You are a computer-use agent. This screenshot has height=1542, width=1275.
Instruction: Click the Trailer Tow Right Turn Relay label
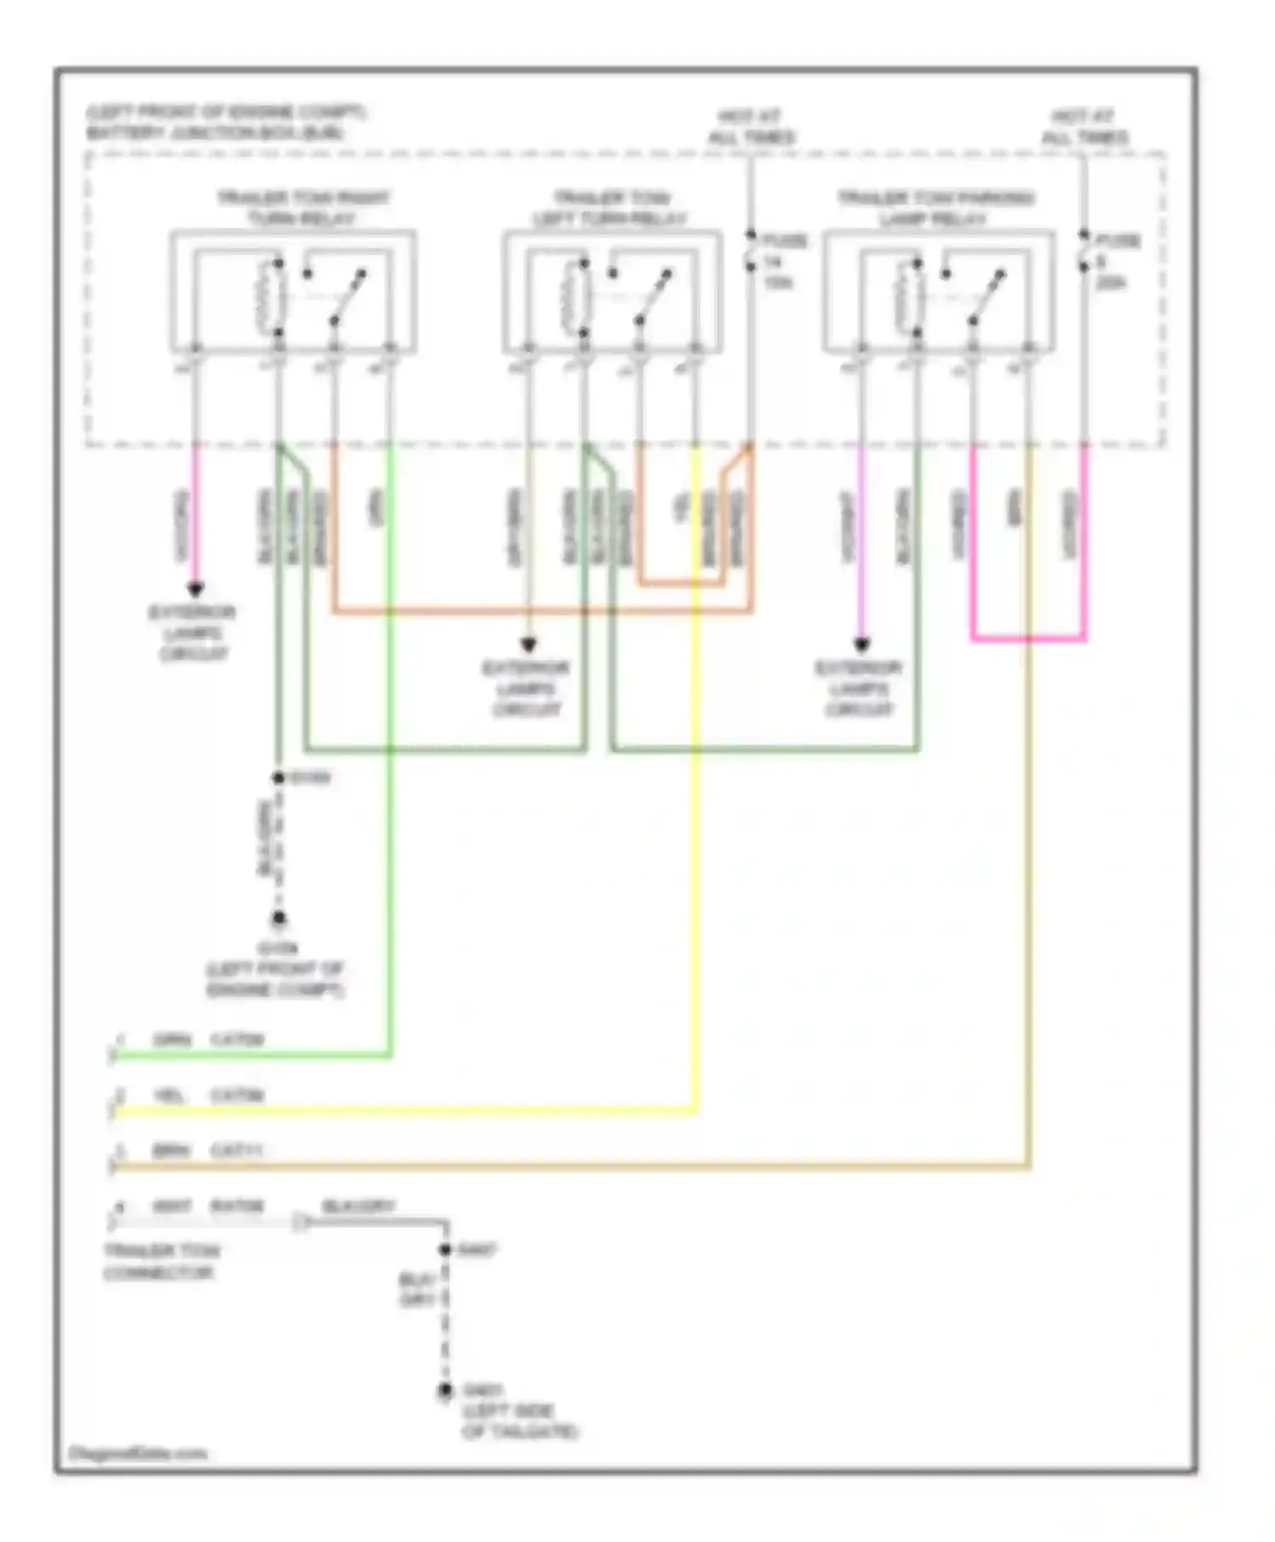[303, 208]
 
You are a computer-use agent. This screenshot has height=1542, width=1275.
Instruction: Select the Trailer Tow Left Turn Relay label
[610, 208]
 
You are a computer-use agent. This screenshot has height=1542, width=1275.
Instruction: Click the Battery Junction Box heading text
[225, 122]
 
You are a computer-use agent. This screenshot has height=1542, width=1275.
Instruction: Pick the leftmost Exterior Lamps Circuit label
[193, 633]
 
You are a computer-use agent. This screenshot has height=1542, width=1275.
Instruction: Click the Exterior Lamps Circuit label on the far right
[859, 689]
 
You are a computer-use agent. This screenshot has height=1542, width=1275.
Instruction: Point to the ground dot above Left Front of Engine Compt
[278, 920]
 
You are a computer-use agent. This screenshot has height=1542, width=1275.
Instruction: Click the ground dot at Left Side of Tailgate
[445, 1392]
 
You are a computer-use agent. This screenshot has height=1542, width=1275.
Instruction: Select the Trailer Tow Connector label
[161, 1262]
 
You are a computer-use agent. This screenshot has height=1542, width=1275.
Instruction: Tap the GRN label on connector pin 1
[173, 1040]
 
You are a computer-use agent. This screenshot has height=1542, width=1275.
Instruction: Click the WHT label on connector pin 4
[172, 1207]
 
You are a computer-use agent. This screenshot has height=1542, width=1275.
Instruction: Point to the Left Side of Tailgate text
[519, 1421]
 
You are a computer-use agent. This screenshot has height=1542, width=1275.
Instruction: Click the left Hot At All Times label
[751, 127]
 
